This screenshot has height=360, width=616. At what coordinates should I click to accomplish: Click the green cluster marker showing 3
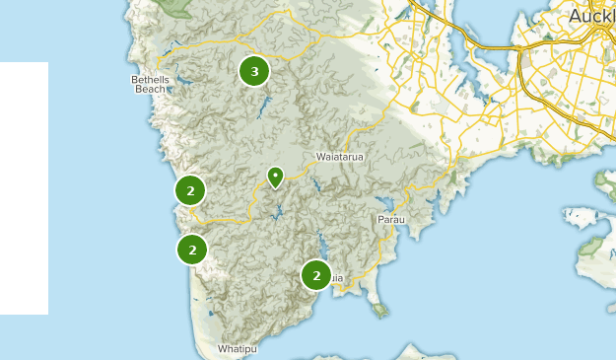click(254, 71)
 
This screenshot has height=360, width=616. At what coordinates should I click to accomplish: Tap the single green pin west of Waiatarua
click(275, 178)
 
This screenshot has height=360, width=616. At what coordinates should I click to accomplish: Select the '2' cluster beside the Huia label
click(315, 275)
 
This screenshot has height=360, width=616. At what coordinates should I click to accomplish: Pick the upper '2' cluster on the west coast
click(190, 189)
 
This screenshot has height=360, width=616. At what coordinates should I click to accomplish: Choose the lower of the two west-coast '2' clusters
click(192, 250)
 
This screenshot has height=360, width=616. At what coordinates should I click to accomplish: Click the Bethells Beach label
click(150, 84)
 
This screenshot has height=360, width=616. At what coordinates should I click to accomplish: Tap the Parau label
click(390, 219)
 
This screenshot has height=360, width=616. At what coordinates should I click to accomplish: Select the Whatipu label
click(237, 349)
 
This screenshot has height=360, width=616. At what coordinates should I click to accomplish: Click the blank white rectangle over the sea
click(24, 187)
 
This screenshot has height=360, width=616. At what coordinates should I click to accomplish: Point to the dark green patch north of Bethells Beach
click(177, 8)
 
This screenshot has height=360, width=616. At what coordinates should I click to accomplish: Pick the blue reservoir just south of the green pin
click(280, 211)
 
